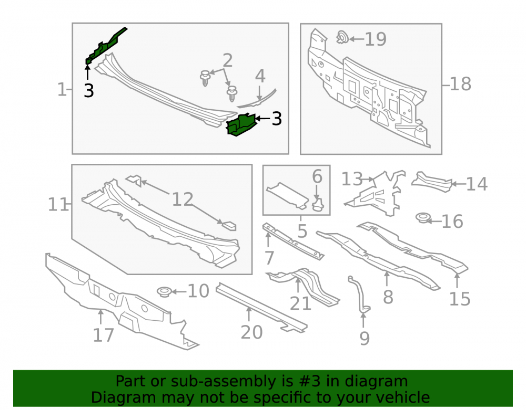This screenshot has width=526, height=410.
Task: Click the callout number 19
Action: coord(376,39)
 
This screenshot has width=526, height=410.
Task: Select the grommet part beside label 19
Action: coord(342,37)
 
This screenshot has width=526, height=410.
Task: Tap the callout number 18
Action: coord(461,84)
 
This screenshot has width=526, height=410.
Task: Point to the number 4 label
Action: coord(260,76)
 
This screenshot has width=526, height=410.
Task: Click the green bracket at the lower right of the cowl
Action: coord(241,124)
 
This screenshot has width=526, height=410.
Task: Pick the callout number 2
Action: coord(227,60)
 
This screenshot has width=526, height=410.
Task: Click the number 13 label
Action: coord(352,179)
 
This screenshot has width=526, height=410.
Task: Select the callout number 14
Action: coord(477,184)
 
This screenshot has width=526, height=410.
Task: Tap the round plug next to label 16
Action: coord(422,218)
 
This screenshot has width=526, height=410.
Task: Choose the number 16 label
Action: coord(452,222)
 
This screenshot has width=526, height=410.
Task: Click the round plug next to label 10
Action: coord(164,291)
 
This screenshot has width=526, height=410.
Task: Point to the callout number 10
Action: coord(198,291)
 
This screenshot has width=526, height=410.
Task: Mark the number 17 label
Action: coord(103,335)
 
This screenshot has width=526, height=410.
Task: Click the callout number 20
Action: coord(251,332)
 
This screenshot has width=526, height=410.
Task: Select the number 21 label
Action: coord(300,304)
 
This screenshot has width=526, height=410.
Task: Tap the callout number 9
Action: coord(365,339)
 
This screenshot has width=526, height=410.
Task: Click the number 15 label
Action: coord(460,299)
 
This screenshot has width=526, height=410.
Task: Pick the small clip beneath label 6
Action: coord(318,204)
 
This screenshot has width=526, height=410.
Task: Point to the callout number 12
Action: coord(183,199)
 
